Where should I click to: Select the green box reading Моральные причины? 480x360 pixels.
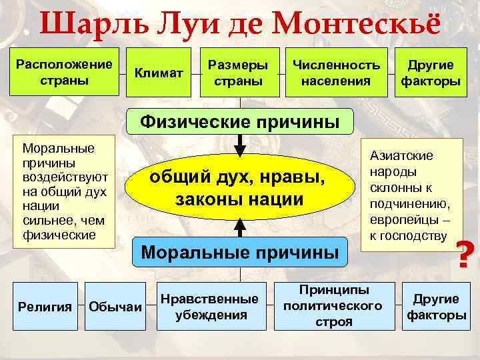[240, 253]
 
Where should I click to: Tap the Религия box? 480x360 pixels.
[45, 306]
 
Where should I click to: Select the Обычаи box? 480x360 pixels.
[115, 306]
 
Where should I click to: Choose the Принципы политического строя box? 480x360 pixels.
[333, 306]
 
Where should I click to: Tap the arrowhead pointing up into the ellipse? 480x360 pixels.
[240, 227]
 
